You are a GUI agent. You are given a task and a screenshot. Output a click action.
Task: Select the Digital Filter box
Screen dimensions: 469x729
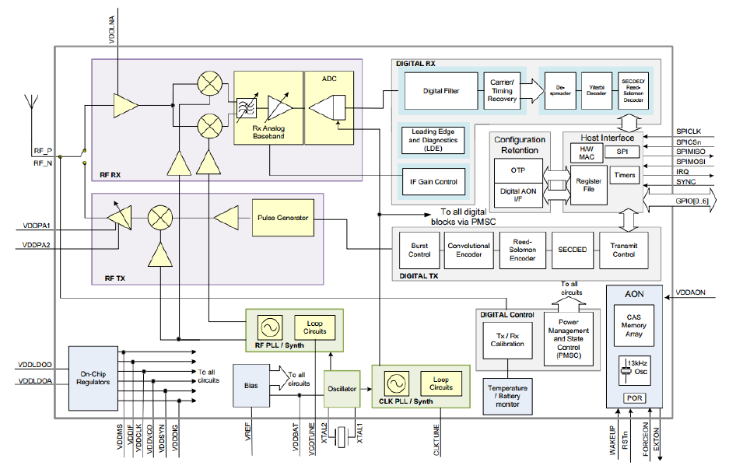click(440, 91)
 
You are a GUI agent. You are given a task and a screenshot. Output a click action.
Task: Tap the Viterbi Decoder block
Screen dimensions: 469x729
click(597, 91)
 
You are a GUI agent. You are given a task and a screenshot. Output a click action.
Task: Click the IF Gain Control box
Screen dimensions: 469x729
click(434, 181)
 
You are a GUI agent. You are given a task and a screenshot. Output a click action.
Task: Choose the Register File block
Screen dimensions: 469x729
click(588, 185)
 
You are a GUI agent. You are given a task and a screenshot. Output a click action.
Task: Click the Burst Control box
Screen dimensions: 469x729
click(419, 250)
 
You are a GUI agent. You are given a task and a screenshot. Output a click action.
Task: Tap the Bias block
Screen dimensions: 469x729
click(249, 386)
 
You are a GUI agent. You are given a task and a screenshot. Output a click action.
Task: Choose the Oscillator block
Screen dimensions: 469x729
click(342, 388)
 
